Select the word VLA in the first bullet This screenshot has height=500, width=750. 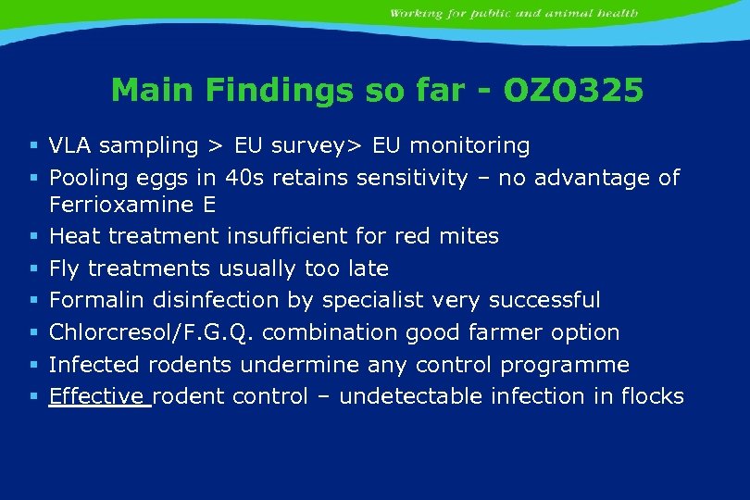(x=70, y=145)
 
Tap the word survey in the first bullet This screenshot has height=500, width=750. (x=305, y=146)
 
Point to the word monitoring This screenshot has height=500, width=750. (x=469, y=146)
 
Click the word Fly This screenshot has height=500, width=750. (x=64, y=269)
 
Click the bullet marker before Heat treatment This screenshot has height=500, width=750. (x=33, y=237)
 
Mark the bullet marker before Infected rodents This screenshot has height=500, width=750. (x=33, y=365)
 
